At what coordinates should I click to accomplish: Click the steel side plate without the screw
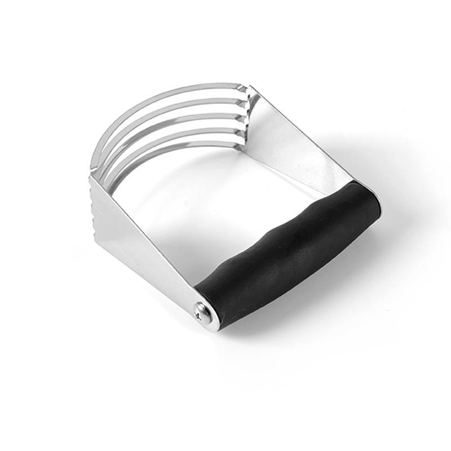coord(299,141)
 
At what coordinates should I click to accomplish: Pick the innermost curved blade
coord(169,148)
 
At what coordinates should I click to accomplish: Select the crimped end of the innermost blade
coord(244,138)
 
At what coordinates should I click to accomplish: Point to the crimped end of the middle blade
coord(245,113)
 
